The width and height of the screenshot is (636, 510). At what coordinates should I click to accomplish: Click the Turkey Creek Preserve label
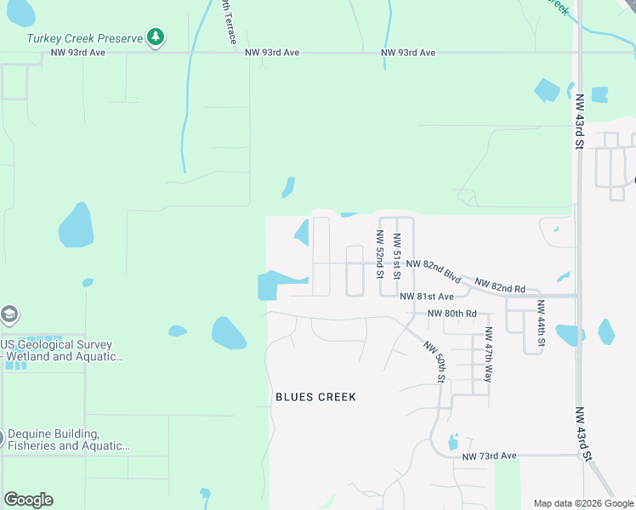pos(84,38)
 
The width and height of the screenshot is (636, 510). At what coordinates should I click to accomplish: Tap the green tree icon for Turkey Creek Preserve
pos(155,37)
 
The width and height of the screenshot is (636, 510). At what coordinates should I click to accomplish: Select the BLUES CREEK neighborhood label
pos(315,397)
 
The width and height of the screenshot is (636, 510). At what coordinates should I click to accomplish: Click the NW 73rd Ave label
pos(490,456)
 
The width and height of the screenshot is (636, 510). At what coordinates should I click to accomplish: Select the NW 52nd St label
pos(380,254)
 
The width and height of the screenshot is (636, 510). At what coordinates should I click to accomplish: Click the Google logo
pos(28,500)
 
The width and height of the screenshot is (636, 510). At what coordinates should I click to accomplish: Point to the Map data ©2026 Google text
pos(582,503)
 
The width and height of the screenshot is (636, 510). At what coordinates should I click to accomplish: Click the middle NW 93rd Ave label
pos(272,53)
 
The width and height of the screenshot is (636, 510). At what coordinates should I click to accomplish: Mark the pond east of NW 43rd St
pos(606,331)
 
